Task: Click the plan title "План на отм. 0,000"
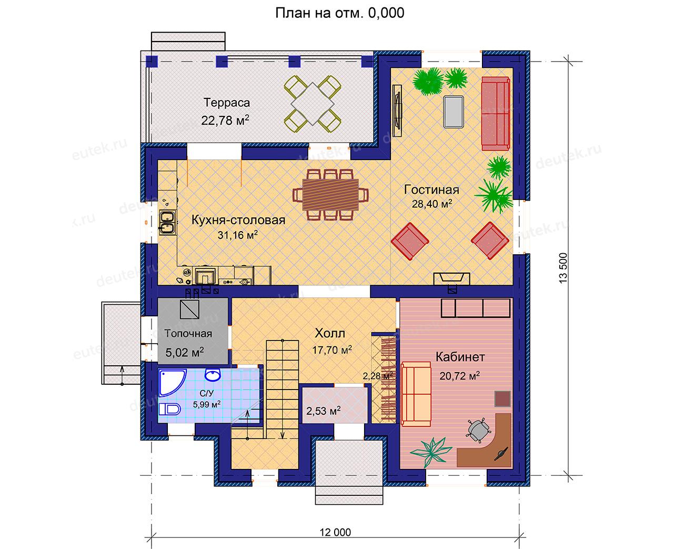tap(339, 13)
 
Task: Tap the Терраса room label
tap(227, 103)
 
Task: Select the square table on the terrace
tap(313, 104)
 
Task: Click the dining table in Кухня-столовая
tap(330, 194)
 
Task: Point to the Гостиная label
tap(431, 190)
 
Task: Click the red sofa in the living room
tap(496, 113)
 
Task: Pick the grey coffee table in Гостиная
tap(454, 112)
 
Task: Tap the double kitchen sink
tap(167, 223)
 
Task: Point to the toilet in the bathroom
tap(170, 409)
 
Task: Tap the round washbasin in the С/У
tap(213, 375)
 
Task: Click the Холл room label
tap(330, 333)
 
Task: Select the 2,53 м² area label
tap(324, 411)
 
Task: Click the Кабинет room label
tap(460, 357)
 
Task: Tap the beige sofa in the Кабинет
tap(416, 394)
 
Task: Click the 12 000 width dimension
tap(335, 532)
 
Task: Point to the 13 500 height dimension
tap(562, 268)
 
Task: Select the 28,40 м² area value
tap(432, 204)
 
